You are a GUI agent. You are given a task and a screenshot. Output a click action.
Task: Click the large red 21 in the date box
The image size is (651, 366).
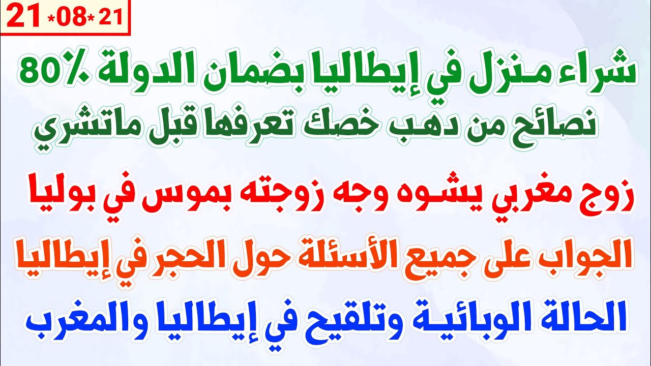coord(23,18)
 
